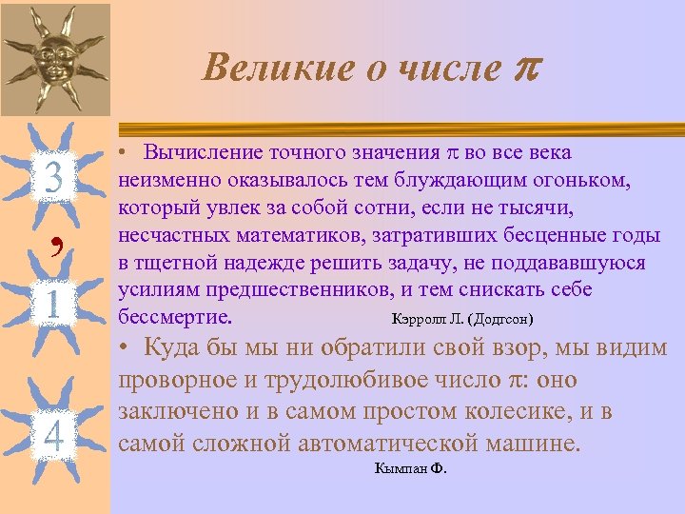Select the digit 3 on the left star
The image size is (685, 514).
(x=54, y=178)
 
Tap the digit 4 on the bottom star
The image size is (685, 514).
(x=54, y=437)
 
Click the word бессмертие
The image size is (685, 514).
(x=182, y=315)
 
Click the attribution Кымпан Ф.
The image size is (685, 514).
(x=411, y=468)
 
